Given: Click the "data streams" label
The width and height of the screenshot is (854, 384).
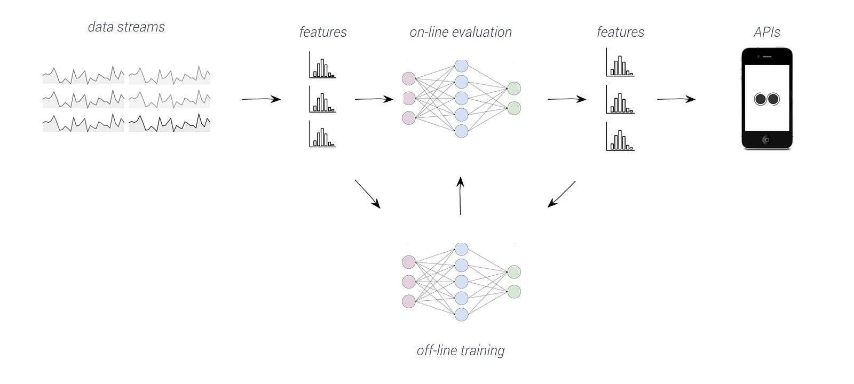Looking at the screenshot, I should pos(126,27).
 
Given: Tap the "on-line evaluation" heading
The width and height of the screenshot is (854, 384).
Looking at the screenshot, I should pos(461,33).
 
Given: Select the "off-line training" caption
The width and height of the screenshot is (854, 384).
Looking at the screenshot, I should pos(461,350).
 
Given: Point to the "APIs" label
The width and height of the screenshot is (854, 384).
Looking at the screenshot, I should pos(766,33).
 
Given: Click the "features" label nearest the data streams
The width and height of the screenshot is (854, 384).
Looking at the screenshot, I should pos(323,33).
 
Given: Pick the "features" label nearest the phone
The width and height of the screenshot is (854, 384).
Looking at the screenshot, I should pos(620,33).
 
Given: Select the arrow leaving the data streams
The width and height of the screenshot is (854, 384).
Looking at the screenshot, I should pos(262,99).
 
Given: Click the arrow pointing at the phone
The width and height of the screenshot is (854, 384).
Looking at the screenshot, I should pos(676,99).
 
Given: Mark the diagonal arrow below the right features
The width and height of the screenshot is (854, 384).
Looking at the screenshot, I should pos(562,194).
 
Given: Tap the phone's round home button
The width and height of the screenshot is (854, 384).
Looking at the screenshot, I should pos(766,140).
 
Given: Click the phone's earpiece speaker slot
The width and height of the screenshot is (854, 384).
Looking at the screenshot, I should pos(767,57).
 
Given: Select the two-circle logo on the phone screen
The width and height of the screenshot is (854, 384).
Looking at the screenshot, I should pos(767,99).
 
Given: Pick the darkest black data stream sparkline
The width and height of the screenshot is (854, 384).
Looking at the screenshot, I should pos(169,123).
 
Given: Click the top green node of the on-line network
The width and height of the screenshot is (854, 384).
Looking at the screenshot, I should pos(514,89).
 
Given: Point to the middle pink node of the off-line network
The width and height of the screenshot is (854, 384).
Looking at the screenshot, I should pos(409,281).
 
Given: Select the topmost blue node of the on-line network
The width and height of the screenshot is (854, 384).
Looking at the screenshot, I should pos(461,66).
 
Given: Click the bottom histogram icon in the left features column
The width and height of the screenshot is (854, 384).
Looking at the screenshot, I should pos(322,134).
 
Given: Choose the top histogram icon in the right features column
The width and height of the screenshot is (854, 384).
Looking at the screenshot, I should pos(620,62).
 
